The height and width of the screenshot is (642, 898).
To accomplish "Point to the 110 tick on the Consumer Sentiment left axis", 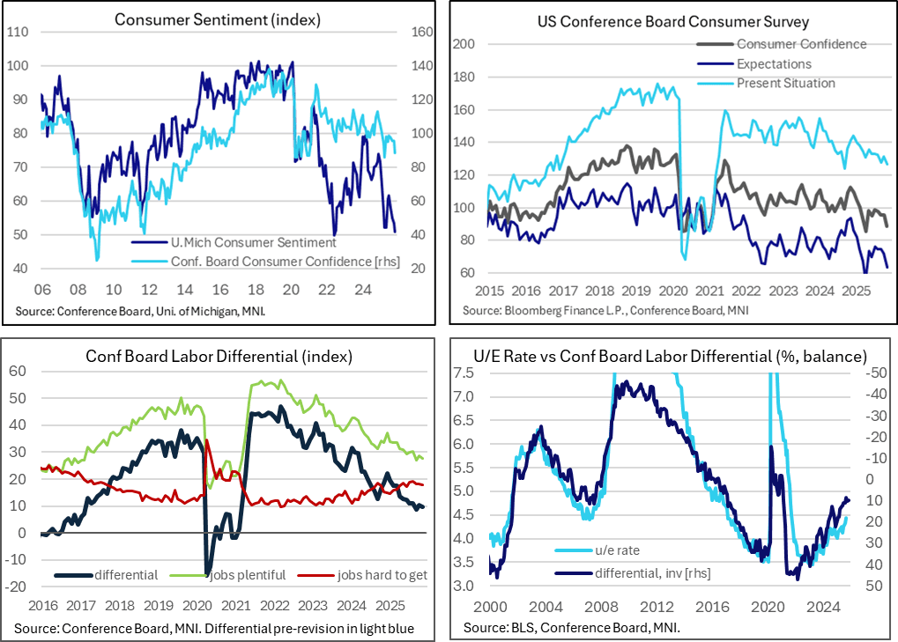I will point(18,33).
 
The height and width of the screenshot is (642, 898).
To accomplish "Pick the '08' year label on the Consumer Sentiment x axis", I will point(78,288).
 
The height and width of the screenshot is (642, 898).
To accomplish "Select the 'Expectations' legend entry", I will point(774,63).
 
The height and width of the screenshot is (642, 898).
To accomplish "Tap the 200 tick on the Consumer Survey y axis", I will point(464,44).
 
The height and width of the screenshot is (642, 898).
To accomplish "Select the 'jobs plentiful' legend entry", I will point(248,575).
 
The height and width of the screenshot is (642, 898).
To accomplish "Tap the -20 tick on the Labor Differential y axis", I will point(17,587).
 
